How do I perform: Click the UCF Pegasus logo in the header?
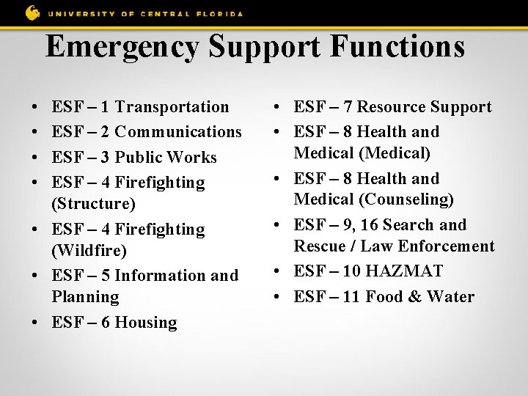point(33,12)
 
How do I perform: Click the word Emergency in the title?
point(122,47)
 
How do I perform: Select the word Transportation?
point(172,107)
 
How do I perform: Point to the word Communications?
point(178,132)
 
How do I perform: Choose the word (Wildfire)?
point(89,251)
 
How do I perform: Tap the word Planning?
point(85,297)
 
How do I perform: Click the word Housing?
point(146,323)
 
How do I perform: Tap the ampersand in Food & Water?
point(415,297)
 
